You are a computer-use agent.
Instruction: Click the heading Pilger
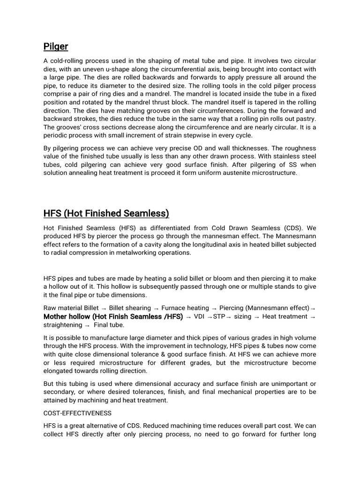(56, 46)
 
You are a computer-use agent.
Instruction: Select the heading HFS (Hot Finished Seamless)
(106, 214)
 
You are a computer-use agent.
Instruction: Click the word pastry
(304, 119)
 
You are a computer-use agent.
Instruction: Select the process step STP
(219, 317)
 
